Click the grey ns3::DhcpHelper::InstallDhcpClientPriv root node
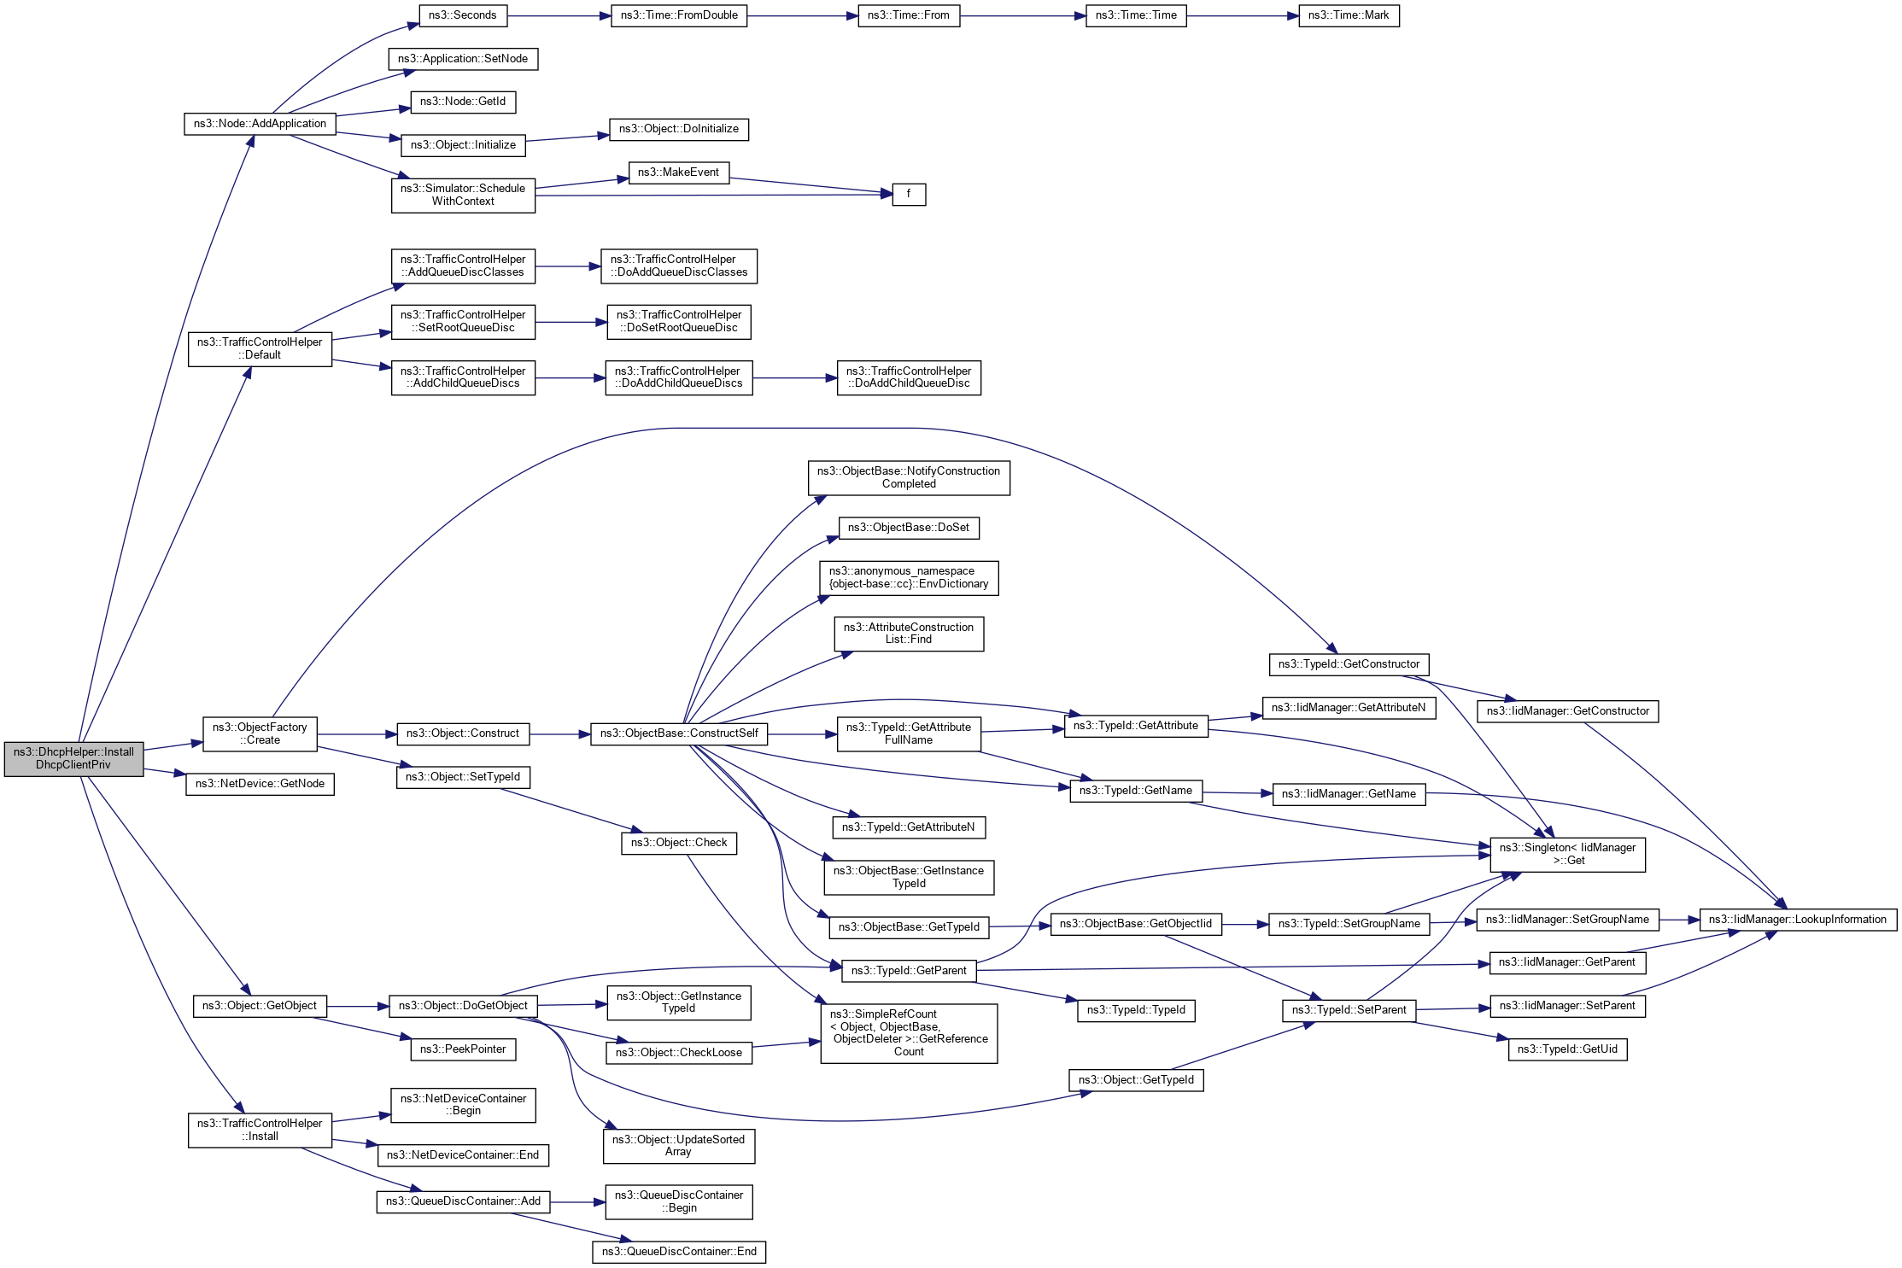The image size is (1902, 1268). tap(73, 758)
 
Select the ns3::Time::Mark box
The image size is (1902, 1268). tap(1349, 15)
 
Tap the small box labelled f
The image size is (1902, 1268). tap(909, 195)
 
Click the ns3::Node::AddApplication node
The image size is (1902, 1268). tap(260, 124)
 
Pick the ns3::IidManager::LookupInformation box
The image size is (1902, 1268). tap(1797, 920)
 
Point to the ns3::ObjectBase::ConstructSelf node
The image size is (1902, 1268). tap(679, 733)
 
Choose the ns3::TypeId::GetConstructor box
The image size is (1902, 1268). tap(1349, 664)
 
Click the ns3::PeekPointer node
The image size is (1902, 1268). tap(463, 1049)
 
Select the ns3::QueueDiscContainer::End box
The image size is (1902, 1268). tap(679, 1252)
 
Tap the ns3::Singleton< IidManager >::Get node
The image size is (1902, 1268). tap(1567, 854)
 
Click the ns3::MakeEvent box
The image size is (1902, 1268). tap(678, 172)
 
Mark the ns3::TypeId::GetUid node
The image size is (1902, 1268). tap(1567, 1049)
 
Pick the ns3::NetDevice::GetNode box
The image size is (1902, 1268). tap(260, 784)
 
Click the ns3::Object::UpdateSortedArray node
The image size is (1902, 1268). tap(678, 1146)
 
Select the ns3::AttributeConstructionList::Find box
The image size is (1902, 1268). tap(909, 634)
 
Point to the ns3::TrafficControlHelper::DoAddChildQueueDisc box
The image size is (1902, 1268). tap(909, 377)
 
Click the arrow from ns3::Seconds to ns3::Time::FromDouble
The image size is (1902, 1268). tap(559, 15)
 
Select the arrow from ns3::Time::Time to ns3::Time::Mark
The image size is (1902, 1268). tap(1243, 15)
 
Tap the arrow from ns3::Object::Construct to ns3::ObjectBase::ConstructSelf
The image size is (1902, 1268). tap(559, 734)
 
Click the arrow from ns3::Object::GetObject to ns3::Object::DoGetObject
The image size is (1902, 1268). tap(357, 1007)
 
